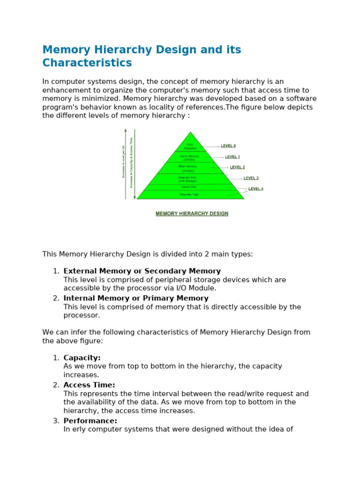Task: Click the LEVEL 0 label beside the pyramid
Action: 228,146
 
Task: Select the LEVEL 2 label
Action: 237,167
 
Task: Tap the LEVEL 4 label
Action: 255,189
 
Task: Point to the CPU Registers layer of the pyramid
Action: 190,146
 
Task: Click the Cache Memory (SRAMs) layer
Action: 190,157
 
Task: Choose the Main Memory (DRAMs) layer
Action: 188,168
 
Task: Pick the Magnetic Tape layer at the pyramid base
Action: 190,194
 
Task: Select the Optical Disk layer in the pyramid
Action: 189,187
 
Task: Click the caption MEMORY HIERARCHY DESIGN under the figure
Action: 192,214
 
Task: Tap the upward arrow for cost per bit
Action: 126,164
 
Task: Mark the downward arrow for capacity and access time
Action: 135,164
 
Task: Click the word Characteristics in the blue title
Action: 87,63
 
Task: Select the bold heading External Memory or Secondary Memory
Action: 142,271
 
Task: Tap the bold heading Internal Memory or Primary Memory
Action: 136,298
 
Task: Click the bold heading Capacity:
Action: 82,358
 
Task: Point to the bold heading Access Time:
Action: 89,385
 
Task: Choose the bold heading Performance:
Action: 90,421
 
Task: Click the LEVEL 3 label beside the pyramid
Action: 251,178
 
